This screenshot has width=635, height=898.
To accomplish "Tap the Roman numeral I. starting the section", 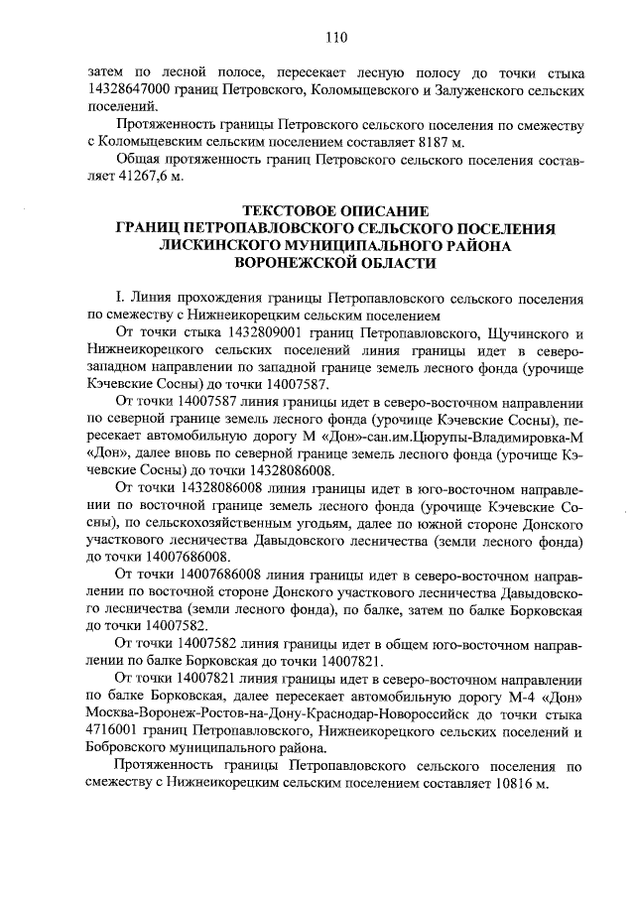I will [120, 298].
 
